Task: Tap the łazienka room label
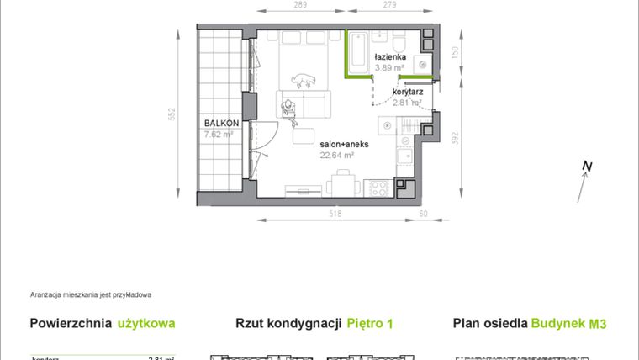[x=391, y=58]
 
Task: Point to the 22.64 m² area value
[x=336, y=155]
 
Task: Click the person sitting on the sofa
[x=289, y=109]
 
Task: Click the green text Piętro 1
[x=371, y=322]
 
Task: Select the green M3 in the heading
[x=598, y=322]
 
